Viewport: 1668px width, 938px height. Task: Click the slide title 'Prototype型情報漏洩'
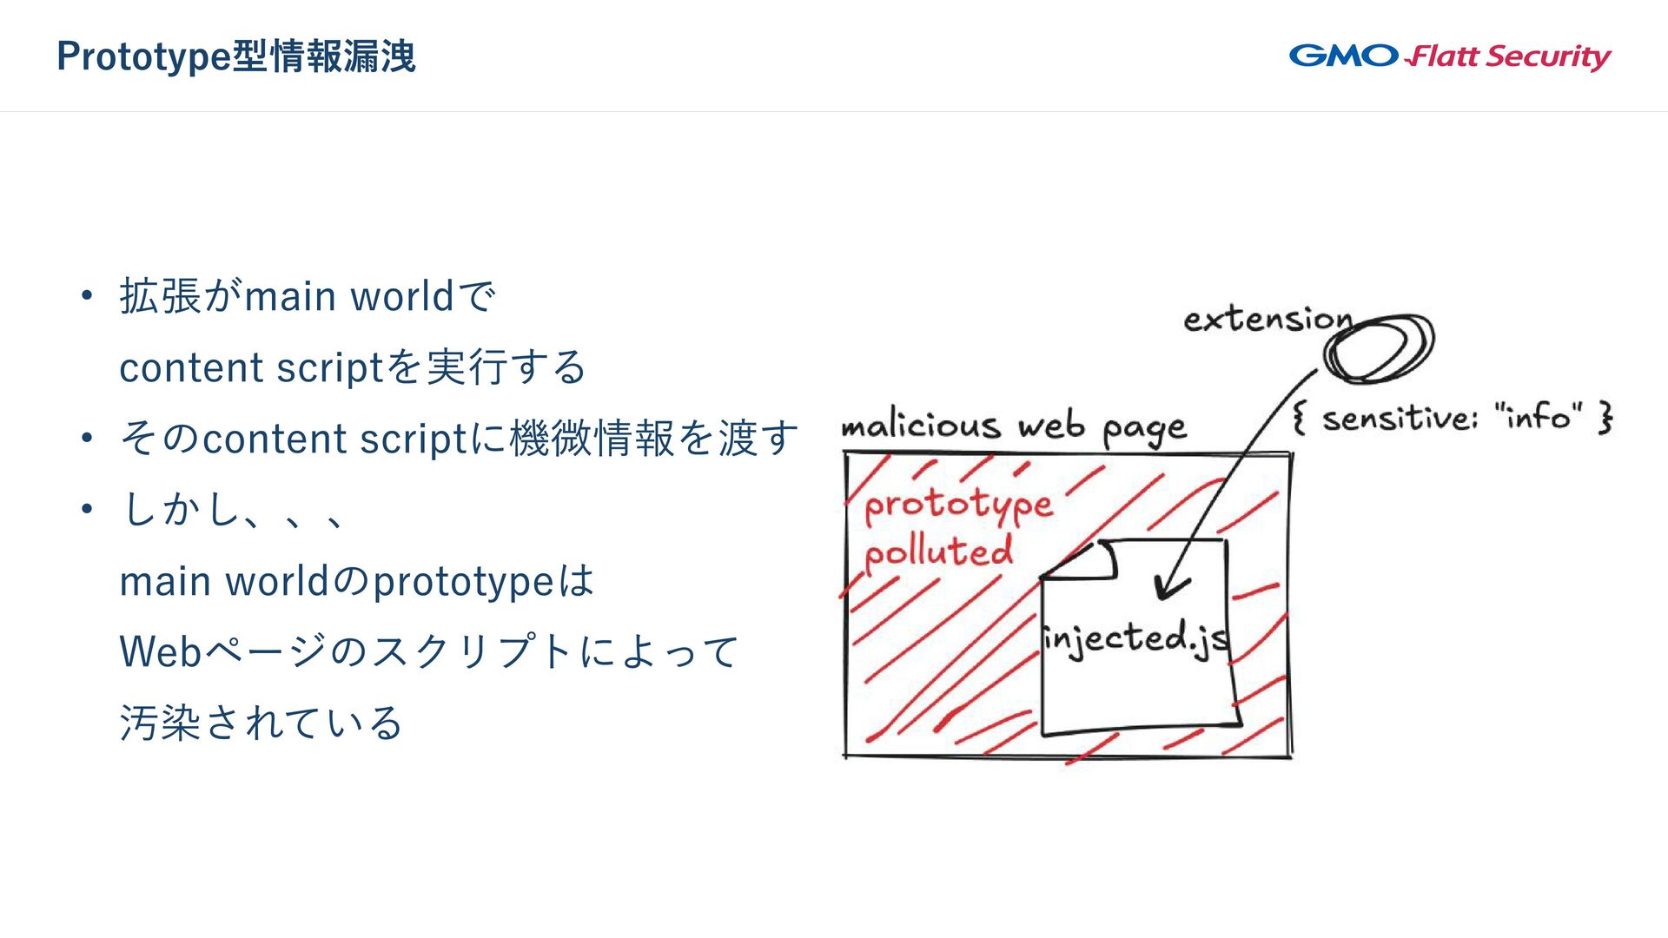coord(236,56)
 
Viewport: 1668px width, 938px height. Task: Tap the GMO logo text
coord(1343,56)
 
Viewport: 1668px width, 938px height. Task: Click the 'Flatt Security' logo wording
coord(1510,57)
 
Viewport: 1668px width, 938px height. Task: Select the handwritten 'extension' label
coord(1268,320)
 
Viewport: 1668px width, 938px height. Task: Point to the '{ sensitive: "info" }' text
coord(1452,418)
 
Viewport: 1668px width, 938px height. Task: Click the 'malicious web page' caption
coord(1013,426)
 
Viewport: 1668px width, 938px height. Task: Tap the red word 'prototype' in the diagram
coord(957,505)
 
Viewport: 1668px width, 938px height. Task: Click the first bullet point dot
coord(86,297)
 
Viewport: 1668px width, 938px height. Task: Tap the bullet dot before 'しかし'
coord(86,510)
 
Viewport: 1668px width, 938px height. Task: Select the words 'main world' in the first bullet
coord(349,297)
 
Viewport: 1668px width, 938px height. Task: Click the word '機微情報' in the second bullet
coord(592,439)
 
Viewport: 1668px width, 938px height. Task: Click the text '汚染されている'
coord(261,723)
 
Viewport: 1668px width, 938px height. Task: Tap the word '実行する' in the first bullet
coord(506,367)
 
